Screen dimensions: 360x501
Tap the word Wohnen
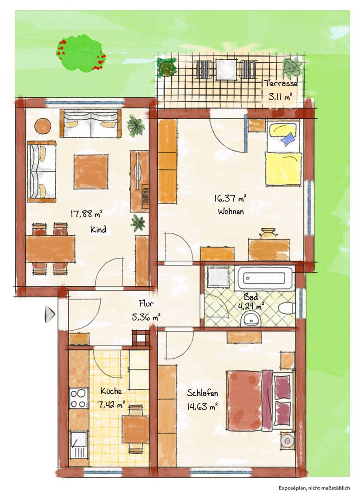tap(231, 212)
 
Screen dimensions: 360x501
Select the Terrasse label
tap(281, 83)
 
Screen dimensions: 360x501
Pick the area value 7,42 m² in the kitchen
tap(111, 405)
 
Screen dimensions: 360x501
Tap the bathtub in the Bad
tap(265, 278)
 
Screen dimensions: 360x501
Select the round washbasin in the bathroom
tap(251, 319)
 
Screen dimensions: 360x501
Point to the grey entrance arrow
tap(50, 314)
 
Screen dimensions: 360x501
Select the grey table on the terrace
tap(226, 70)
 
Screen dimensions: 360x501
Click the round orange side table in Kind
tap(43, 127)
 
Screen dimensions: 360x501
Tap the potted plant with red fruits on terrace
tap(167, 67)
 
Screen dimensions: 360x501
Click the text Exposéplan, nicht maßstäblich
tap(314, 488)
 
